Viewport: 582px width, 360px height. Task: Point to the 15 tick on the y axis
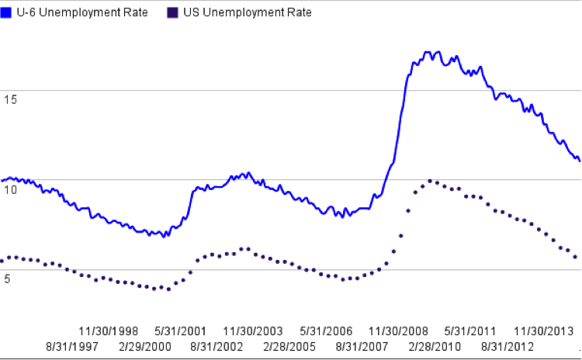coord(9,99)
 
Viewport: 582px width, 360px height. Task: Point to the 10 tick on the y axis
coord(9,188)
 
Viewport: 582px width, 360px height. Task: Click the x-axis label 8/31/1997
coord(72,346)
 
